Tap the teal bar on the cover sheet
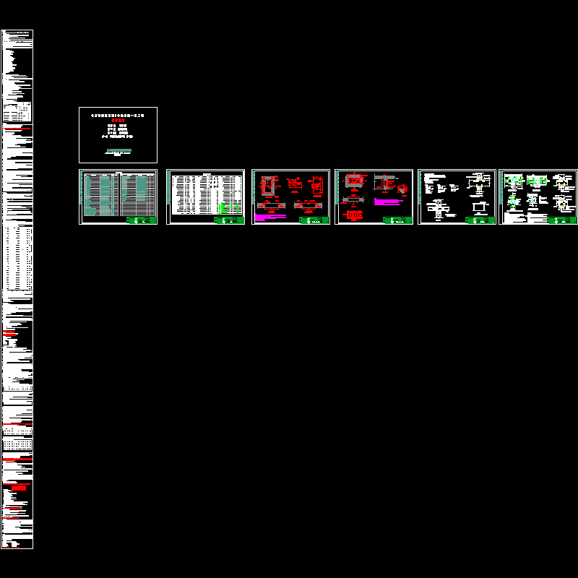coord(118,151)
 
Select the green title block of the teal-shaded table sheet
coord(141,220)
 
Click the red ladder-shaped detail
coord(354,215)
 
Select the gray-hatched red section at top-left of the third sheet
coord(268,186)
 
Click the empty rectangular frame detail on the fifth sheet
coord(478,207)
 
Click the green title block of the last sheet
coord(562,220)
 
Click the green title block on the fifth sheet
coord(480,220)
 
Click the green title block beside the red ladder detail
coord(397,220)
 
